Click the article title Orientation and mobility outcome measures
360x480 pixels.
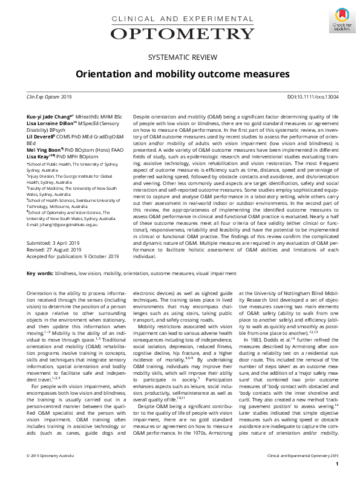click(x=180, y=74)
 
